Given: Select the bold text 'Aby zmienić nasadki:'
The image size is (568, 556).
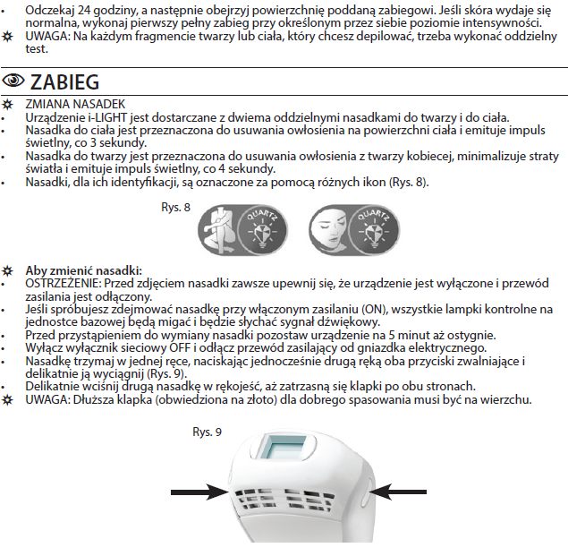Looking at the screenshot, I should click(x=83, y=269).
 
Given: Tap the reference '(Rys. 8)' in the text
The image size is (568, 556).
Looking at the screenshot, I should click(x=405, y=183).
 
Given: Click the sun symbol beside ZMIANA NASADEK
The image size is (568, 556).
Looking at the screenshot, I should click(x=8, y=105).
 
